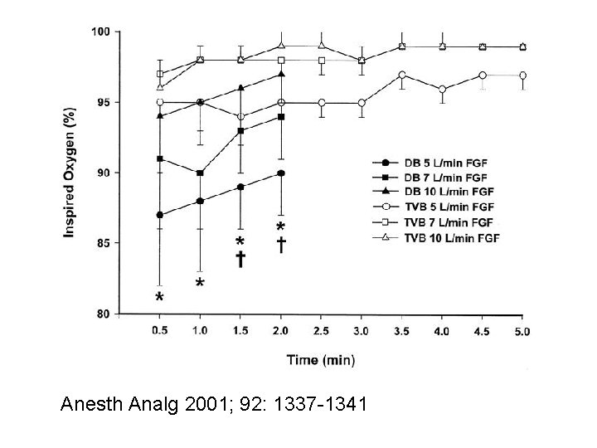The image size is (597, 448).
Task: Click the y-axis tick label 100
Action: [100, 32]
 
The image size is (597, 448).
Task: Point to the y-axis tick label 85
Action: [103, 243]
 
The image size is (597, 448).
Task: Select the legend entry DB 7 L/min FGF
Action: [433, 178]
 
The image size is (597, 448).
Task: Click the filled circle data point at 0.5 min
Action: [159, 215]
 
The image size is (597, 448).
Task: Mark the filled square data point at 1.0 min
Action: [200, 173]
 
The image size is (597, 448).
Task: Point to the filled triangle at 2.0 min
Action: [281, 75]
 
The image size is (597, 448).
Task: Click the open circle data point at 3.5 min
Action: [401, 75]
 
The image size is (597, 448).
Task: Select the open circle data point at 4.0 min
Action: [442, 89]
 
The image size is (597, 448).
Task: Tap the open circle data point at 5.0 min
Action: [522, 75]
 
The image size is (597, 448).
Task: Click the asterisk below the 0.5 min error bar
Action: [159, 296]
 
